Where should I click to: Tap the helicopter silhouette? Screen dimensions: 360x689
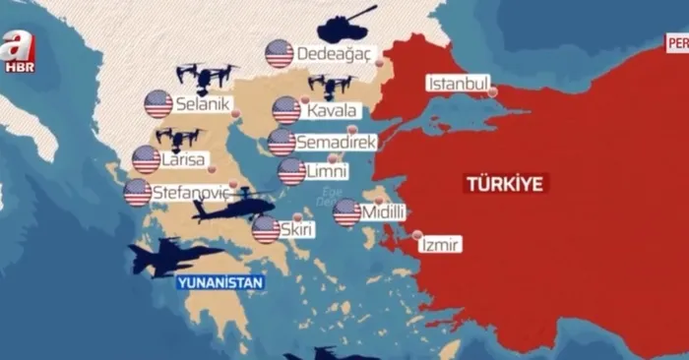[x=235, y=205]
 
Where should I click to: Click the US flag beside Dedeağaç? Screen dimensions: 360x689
[x=280, y=53]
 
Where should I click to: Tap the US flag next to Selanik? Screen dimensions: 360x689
[x=158, y=103]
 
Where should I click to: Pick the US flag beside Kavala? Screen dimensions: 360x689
[x=286, y=110]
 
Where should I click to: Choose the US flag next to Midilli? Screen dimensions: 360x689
[x=346, y=212]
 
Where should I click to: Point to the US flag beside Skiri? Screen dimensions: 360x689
[x=266, y=229]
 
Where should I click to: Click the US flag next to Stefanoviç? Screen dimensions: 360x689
[x=138, y=192]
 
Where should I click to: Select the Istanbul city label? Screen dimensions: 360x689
[x=456, y=84]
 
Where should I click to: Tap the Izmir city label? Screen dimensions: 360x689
[x=440, y=245]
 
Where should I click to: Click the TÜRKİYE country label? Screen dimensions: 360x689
[x=507, y=183]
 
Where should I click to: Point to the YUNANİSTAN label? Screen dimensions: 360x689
[x=220, y=283]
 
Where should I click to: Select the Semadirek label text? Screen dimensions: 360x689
[x=336, y=143]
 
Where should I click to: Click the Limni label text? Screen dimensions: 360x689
[x=327, y=172]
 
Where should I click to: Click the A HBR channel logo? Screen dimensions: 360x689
[x=18, y=50]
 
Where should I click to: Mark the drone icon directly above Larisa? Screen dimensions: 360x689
[x=178, y=138]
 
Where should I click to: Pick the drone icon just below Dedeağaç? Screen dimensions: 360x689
[x=331, y=86]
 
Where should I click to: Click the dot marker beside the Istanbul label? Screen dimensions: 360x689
[x=493, y=92]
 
